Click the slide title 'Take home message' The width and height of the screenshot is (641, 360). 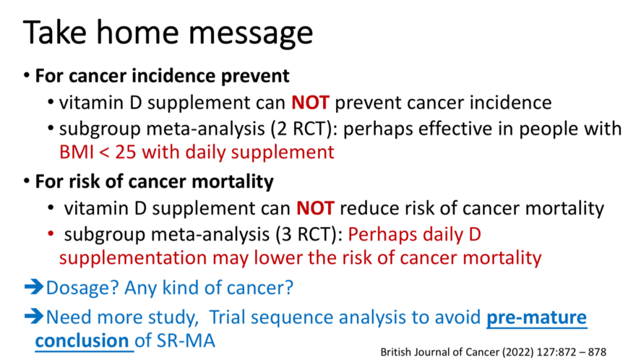point(168,33)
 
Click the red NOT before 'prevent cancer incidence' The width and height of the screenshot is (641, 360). point(310,103)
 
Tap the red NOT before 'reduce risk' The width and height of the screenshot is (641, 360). point(315,208)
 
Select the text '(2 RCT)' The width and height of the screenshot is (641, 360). point(300,129)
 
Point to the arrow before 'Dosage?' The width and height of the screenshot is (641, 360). point(34,287)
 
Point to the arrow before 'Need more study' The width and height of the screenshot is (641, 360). point(34,317)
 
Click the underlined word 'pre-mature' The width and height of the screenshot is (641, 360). point(537,318)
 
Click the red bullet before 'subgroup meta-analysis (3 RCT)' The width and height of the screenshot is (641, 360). point(51,235)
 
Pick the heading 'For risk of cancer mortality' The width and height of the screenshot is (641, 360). point(154,182)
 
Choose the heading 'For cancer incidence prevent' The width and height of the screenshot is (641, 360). point(162,77)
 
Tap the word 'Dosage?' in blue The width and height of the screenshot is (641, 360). point(82,288)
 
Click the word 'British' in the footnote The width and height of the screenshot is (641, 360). point(393,352)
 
